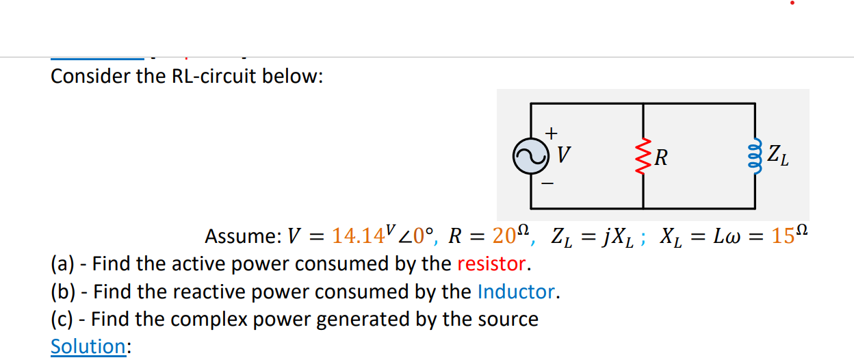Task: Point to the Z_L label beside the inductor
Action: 778,156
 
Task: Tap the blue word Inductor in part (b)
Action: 517,292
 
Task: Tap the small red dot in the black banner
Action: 792,3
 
